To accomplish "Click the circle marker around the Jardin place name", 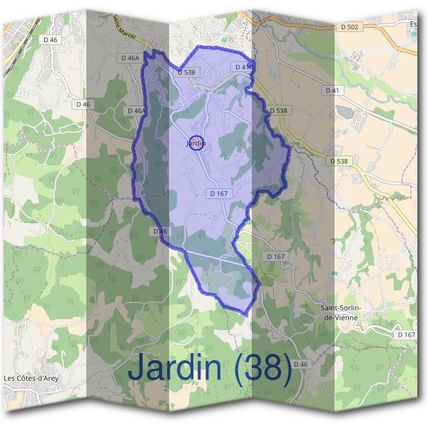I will click(198, 143).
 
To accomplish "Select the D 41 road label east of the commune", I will click(333, 91).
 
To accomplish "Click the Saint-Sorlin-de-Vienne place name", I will click(340, 312).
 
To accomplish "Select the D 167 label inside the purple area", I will click(218, 193).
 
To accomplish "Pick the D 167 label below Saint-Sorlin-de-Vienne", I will click(407, 335).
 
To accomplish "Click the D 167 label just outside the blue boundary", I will click(275, 256).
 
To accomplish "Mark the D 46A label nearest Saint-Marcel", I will click(130, 58).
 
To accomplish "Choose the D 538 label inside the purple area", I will click(185, 72).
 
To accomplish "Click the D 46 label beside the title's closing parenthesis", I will click(300, 365).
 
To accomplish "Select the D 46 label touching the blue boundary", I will click(159, 231).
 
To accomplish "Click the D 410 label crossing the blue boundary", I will click(244, 67).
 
